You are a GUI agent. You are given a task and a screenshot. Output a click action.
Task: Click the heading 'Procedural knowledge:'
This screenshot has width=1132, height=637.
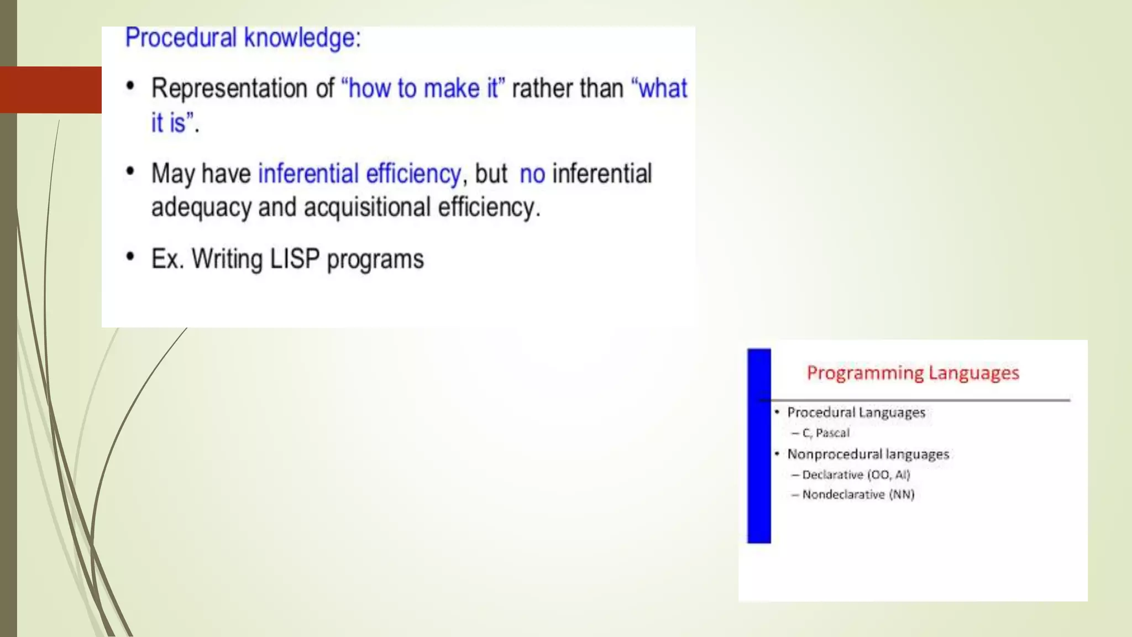(243, 38)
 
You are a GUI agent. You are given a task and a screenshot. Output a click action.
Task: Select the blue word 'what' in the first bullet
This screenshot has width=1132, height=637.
(663, 88)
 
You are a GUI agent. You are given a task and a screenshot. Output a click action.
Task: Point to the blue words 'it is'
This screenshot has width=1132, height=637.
(169, 123)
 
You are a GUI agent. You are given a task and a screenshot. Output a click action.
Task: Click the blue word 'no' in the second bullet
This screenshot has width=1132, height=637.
(532, 174)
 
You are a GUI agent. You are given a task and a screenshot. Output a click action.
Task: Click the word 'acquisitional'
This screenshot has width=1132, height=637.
(367, 208)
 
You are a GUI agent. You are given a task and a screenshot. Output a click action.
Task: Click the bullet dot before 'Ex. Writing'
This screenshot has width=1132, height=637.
(130, 257)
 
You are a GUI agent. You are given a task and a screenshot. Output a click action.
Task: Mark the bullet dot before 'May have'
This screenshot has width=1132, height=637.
(130, 171)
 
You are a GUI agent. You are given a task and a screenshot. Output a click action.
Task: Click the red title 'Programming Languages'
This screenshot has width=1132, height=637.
(913, 373)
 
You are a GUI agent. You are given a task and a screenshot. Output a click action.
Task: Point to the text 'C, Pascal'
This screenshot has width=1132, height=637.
(825, 433)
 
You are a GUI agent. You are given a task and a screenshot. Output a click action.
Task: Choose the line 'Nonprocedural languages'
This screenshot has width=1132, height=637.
(868, 455)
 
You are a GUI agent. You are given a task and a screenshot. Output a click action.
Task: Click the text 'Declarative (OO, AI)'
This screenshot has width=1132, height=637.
(856, 475)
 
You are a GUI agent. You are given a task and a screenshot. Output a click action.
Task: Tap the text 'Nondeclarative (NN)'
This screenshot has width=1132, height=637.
(858, 495)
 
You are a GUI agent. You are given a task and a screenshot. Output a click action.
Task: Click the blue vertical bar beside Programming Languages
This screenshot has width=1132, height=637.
(759, 446)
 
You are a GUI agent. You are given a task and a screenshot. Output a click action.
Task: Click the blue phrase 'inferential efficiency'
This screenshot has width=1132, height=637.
(359, 174)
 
